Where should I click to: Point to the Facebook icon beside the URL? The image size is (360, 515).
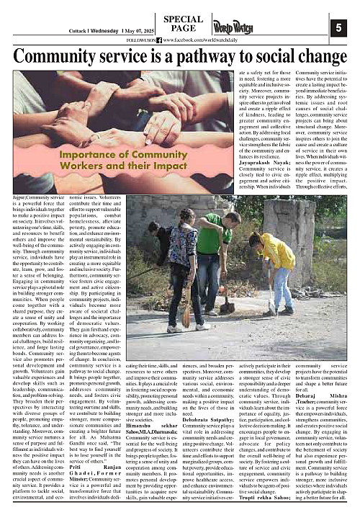167,40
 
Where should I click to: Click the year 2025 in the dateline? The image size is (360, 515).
135,32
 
